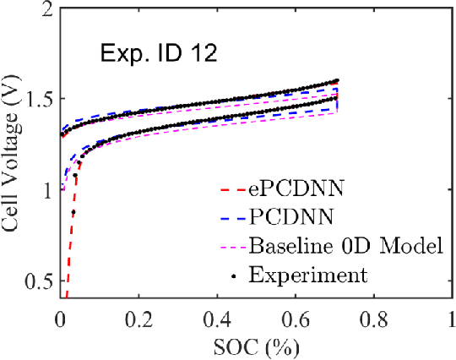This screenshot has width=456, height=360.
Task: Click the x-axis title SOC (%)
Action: point(257,346)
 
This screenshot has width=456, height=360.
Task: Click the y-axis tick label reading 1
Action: point(46,190)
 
